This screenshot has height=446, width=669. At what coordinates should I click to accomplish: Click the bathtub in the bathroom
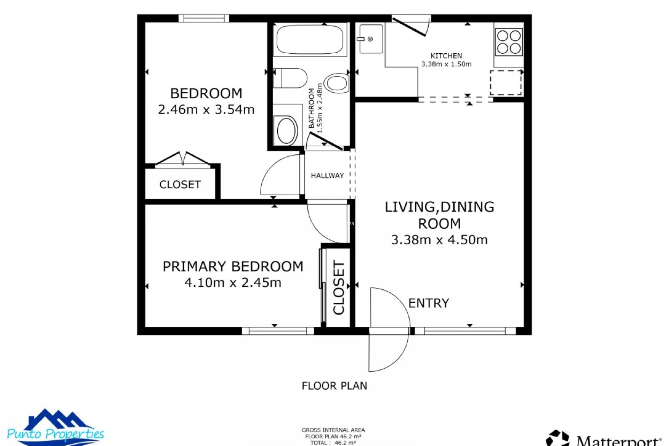coord(310,39)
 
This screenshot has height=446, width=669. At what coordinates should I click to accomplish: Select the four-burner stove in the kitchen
coord(509,42)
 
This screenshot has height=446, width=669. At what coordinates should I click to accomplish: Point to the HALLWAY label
coord(327,176)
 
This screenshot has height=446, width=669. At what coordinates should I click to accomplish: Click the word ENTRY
coord(429,303)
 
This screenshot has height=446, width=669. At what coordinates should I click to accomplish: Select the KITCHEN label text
coord(446,56)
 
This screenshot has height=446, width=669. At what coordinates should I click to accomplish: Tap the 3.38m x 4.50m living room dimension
coord(439,240)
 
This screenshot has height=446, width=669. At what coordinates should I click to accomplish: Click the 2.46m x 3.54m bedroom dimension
coord(206,110)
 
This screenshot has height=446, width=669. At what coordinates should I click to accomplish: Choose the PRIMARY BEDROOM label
coord(233,267)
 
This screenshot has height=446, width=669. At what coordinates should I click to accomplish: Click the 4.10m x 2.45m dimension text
coord(233,283)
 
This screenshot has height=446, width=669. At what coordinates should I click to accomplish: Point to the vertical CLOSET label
coord(339,287)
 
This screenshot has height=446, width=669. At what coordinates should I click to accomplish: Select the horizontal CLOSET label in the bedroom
coord(180,184)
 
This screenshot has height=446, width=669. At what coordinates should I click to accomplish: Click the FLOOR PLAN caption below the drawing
coord(334,386)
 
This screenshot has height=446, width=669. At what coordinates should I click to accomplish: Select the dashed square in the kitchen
coord(506,83)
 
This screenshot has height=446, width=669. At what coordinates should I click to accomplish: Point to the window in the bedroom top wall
coord(204,18)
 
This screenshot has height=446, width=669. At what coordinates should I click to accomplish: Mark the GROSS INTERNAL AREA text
coord(333,430)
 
